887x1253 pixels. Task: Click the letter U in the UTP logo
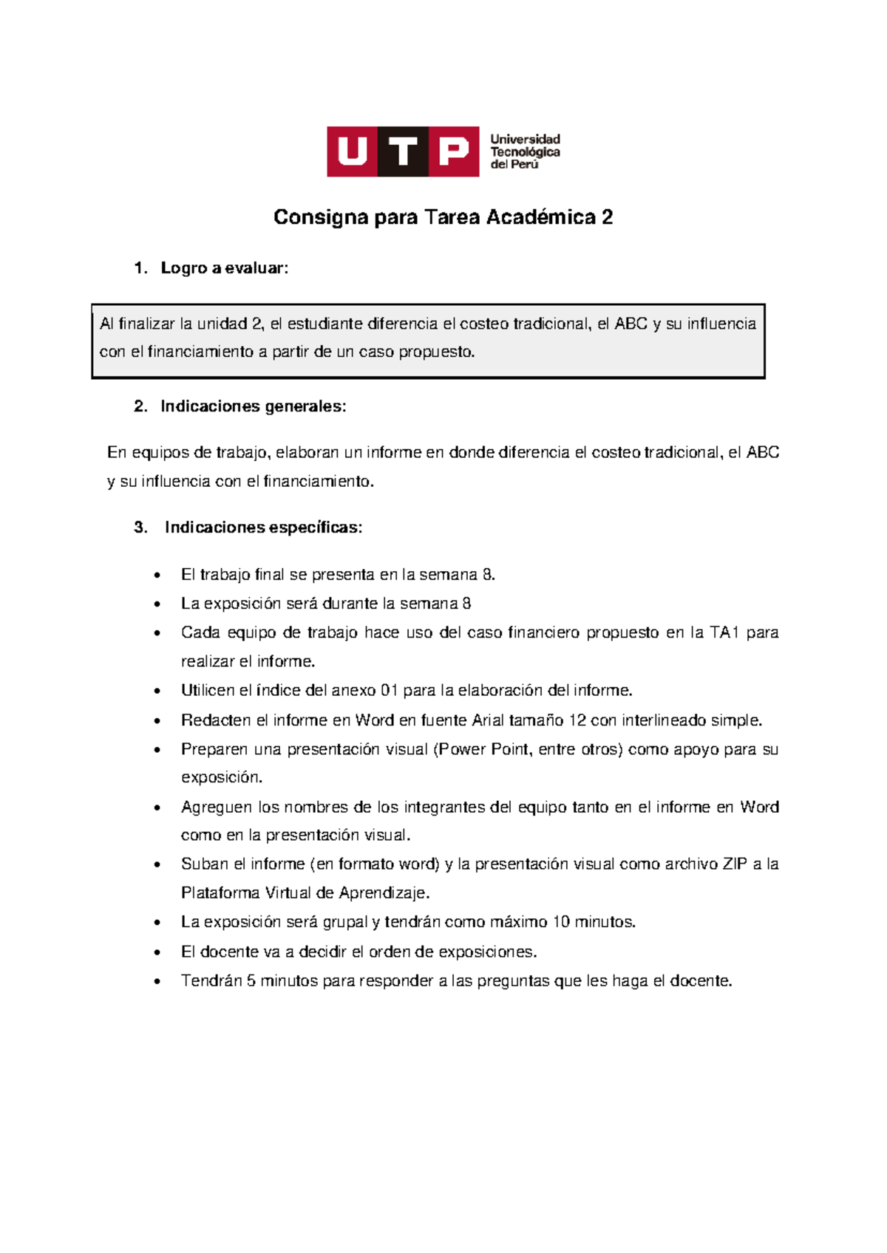[x=352, y=151]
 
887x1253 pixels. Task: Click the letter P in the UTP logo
[x=454, y=151]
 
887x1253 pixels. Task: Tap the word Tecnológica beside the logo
[x=525, y=152]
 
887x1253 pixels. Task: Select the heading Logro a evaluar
[x=224, y=268]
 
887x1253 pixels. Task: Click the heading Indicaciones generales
[x=253, y=406]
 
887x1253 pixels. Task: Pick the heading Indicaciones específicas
[x=263, y=528]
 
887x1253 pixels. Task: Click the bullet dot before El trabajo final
[x=157, y=576]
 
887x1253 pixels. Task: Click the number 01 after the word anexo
[x=389, y=691]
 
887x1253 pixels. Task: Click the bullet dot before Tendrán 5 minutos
[x=157, y=982]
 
